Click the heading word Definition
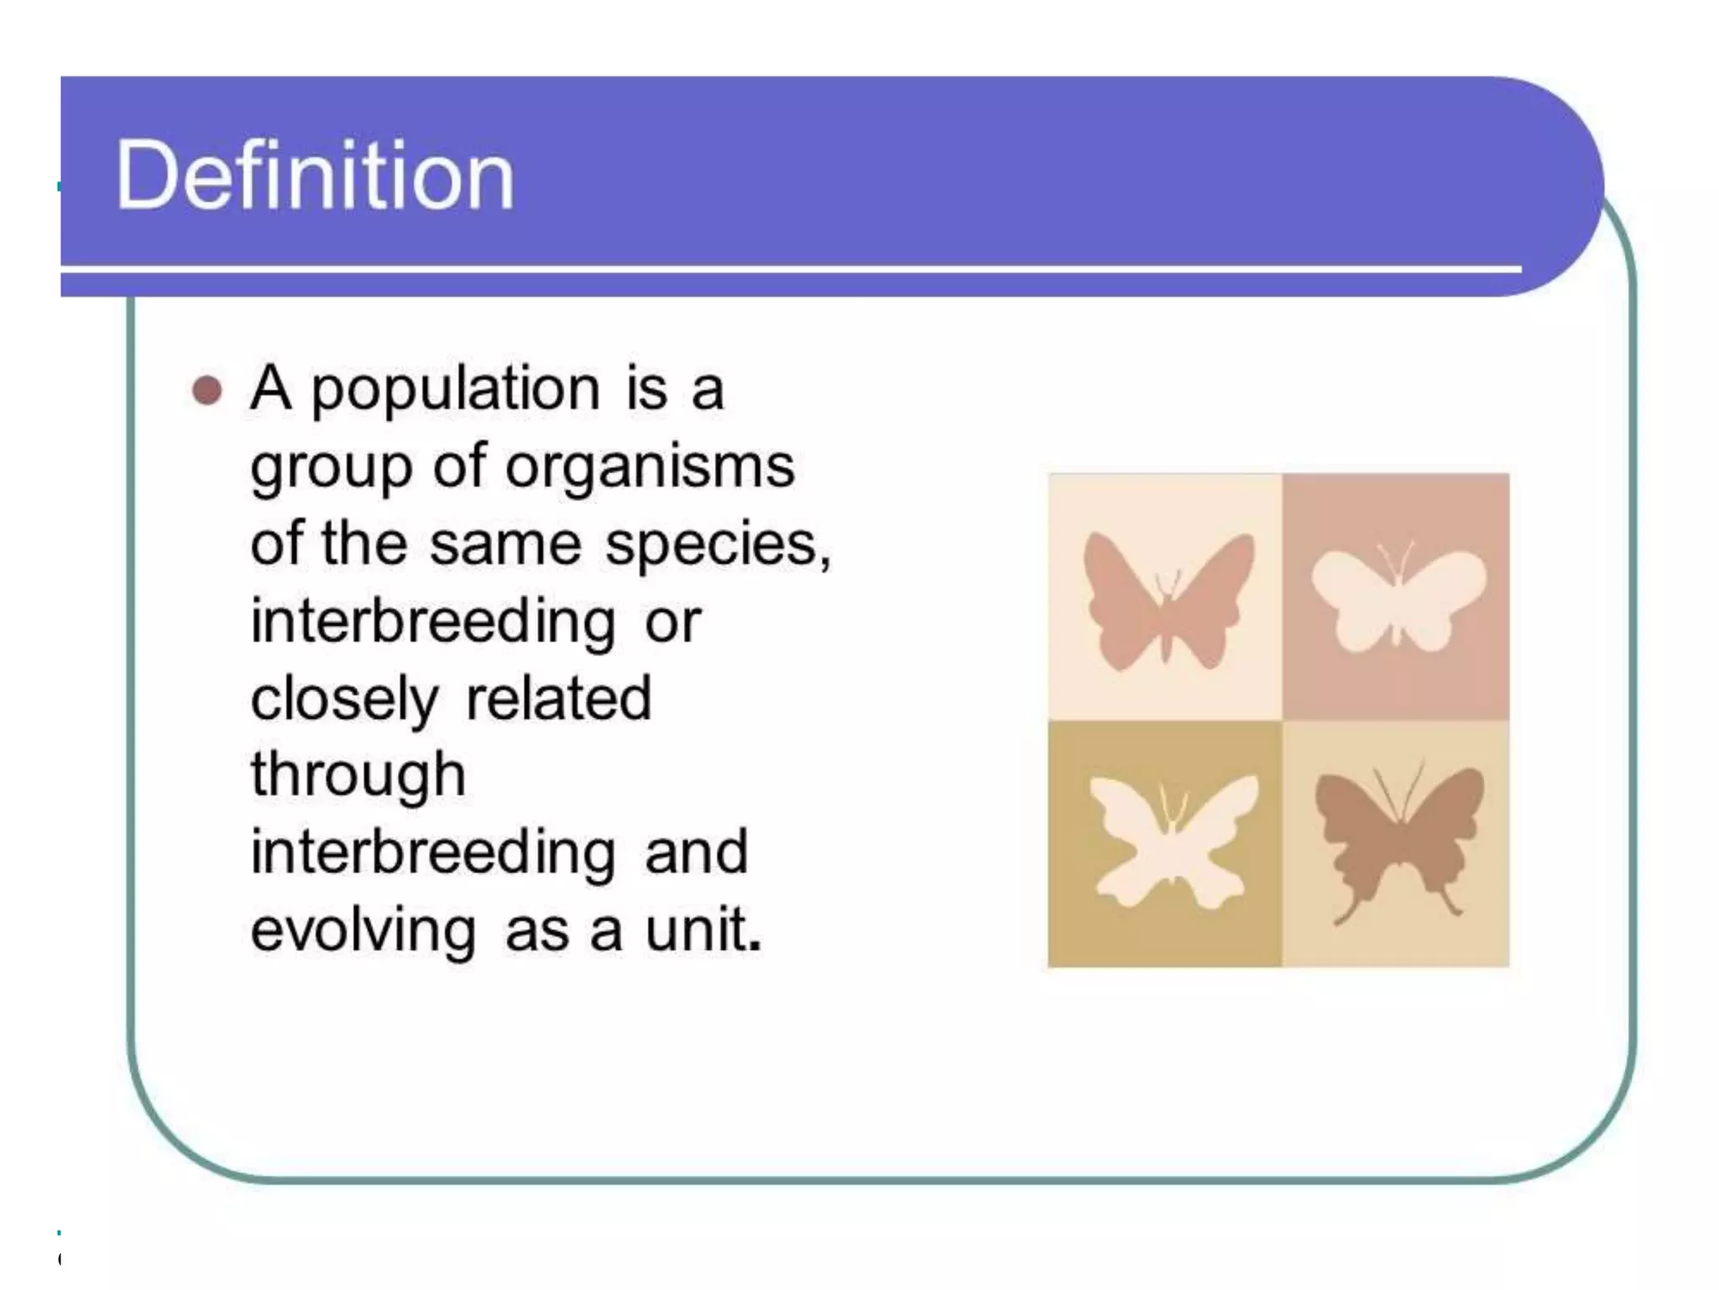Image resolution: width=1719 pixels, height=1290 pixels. (x=315, y=176)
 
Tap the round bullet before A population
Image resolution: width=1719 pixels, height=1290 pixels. (x=207, y=391)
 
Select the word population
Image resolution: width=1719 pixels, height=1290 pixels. (x=456, y=391)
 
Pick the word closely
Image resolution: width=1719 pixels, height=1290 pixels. (x=344, y=699)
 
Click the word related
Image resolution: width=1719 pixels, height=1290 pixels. (x=558, y=698)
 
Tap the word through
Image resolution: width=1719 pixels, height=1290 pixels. (x=358, y=776)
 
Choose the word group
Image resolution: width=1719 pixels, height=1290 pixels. (x=332, y=469)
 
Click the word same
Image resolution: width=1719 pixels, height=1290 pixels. (x=505, y=544)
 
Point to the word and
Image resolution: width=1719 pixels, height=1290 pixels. (x=696, y=852)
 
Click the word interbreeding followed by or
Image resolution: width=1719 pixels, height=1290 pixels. (x=433, y=621)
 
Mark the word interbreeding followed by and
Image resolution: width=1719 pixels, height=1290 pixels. (x=433, y=852)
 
